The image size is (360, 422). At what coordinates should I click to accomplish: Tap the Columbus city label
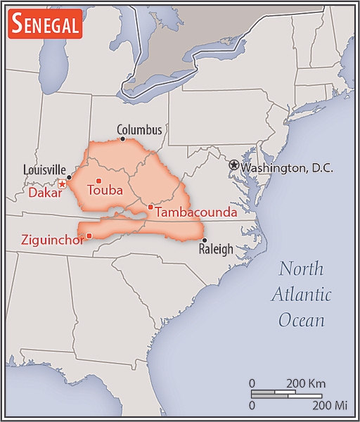click(139, 130)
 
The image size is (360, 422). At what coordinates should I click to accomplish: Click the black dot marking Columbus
click(123, 139)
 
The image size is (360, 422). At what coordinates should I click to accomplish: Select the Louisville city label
click(44, 170)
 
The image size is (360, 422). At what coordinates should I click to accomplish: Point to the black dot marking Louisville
click(69, 177)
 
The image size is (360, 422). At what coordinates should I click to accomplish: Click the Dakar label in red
click(42, 191)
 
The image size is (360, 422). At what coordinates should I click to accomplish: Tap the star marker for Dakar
click(62, 184)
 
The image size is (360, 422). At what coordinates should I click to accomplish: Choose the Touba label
click(105, 190)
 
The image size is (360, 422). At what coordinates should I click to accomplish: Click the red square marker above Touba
click(98, 181)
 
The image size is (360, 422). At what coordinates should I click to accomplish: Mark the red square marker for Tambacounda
click(150, 207)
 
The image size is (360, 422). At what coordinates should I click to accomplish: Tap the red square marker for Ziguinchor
click(89, 236)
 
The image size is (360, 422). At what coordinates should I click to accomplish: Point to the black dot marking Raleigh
click(204, 240)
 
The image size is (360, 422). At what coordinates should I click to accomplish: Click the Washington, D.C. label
click(286, 168)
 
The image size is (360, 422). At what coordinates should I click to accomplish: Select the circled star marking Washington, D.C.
click(233, 165)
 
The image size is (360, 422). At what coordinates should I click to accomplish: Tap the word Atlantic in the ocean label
click(301, 295)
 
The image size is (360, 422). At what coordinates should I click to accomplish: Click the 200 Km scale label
click(306, 383)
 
